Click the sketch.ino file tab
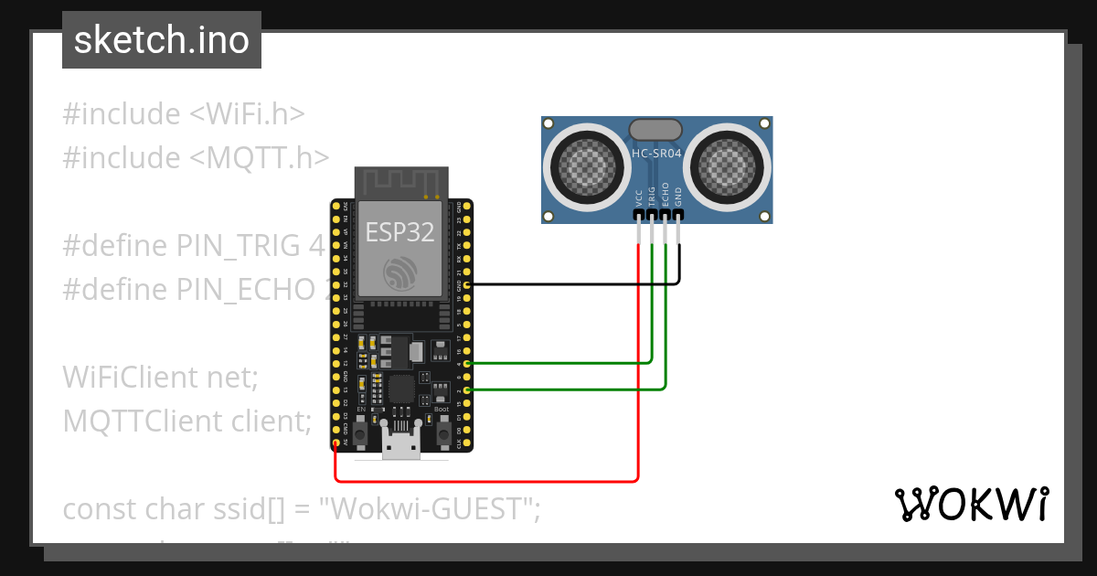[161, 40]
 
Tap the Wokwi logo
[970, 504]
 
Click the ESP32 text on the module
[400, 232]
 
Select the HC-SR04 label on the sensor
[656, 154]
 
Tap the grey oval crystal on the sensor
[656, 129]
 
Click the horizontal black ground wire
[567, 284]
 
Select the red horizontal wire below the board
[485, 480]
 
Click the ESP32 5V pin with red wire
[336, 444]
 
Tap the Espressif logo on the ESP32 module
[400, 272]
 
